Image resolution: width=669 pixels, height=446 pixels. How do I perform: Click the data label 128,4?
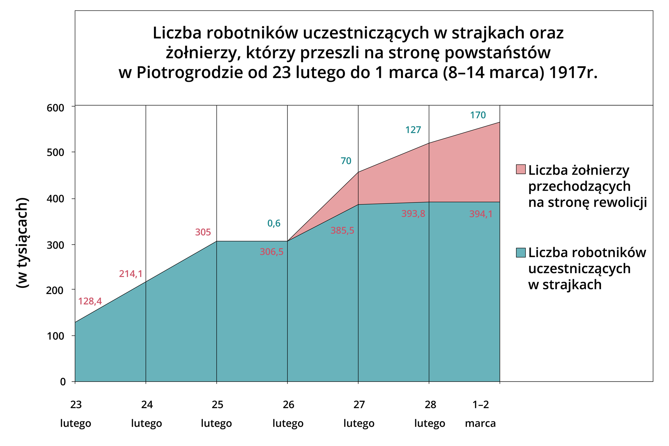90,301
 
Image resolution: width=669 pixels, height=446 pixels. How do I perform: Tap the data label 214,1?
131,274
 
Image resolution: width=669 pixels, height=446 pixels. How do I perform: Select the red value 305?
203,232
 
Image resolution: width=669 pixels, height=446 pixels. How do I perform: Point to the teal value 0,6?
274,223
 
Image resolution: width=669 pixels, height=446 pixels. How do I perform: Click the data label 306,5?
271,252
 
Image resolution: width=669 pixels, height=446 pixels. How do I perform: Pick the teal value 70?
346,161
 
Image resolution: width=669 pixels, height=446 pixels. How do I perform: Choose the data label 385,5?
342,230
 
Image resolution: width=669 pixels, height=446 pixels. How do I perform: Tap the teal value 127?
413,130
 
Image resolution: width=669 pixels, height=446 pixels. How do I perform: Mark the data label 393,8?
413,214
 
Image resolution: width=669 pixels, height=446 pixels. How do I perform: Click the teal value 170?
478,115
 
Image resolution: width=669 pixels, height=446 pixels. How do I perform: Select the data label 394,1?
481,214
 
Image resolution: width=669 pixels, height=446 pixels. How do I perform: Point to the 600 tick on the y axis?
56,108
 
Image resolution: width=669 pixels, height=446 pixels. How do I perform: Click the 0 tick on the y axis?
63,382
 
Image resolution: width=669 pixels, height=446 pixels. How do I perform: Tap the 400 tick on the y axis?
56,199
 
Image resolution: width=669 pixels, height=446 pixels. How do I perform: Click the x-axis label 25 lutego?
217,414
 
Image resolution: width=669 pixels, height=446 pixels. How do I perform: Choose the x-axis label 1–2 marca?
480,414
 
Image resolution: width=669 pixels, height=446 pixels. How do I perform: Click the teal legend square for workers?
521,253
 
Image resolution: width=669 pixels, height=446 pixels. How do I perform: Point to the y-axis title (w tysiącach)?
22,243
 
